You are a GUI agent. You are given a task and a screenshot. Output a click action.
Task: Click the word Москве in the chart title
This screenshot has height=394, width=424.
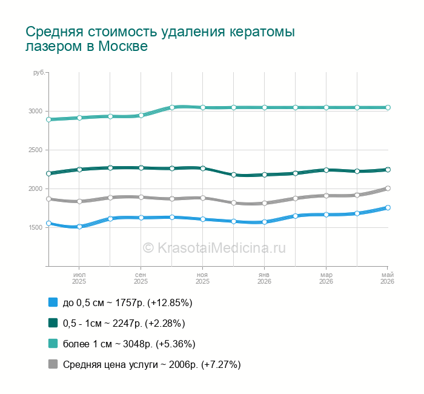pyautogui.click(x=123, y=46)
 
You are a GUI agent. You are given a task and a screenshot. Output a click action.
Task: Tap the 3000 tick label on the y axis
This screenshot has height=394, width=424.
pyautogui.click(x=35, y=111)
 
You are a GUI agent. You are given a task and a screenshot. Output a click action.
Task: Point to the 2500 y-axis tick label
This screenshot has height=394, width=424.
pyautogui.click(x=35, y=150)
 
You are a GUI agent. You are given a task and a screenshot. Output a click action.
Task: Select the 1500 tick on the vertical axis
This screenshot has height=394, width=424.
pyautogui.click(x=35, y=227)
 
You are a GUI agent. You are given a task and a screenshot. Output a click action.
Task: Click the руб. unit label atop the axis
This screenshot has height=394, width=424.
pyautogui.click(x=39, y=73)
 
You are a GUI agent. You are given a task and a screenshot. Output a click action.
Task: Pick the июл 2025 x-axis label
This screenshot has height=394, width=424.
pyautogui.click(x=79, y=278)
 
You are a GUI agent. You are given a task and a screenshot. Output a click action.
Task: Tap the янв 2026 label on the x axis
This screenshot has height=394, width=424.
pyautogui.click(x=264, y=278)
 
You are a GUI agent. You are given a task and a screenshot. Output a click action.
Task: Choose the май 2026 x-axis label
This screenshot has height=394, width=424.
pyautogui.click(x=387, y=278)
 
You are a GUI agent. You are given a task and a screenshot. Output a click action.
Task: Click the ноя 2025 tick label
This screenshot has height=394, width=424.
pyautogui.click(x=202, y=278)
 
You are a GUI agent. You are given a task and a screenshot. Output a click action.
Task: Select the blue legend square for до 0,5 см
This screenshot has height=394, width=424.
pyautogui.click(x=53, y=302)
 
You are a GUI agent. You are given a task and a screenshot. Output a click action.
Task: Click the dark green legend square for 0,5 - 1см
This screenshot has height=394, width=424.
pyautogui.click(x=53, y=323)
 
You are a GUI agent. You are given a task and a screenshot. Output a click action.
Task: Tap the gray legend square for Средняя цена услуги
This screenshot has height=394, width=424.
pyautogui.click(x=53, y=364)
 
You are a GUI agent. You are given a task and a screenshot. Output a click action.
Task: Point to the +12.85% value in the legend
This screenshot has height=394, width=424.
pyautogui.click(x=170, y=302)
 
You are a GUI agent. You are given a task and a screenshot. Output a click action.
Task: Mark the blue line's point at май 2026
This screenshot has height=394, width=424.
pyautogui.click(x=388, y=207)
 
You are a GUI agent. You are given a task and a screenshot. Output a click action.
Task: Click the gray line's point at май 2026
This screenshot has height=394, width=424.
pyautogui.click(x=388, y=189)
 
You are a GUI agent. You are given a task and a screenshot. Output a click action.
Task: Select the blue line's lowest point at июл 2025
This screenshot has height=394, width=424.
pyautogui.click(x=79, y=227)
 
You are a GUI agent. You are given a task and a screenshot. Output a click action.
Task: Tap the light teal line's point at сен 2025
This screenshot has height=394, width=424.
pyautogui.click(x=141, y=116)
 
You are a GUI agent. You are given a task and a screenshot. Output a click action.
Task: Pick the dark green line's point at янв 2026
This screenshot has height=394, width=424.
pyautogui.click(x=265, y=175)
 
